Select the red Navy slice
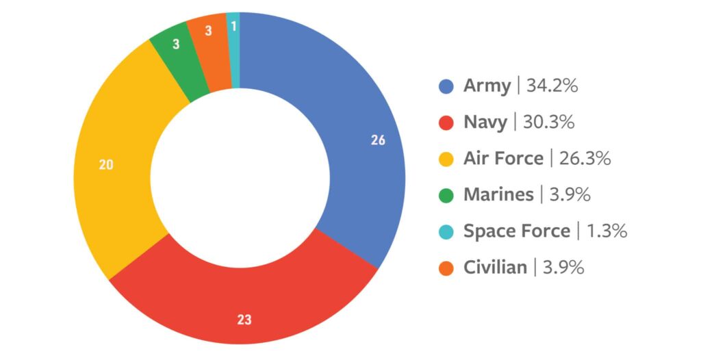240,301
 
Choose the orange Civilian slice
209,52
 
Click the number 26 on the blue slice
378,140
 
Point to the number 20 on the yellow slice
106,164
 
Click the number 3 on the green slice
175,44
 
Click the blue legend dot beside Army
446,87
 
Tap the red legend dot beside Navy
446,123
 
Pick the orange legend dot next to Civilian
446,268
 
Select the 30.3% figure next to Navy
548,123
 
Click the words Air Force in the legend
503,159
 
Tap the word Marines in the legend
498,194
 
